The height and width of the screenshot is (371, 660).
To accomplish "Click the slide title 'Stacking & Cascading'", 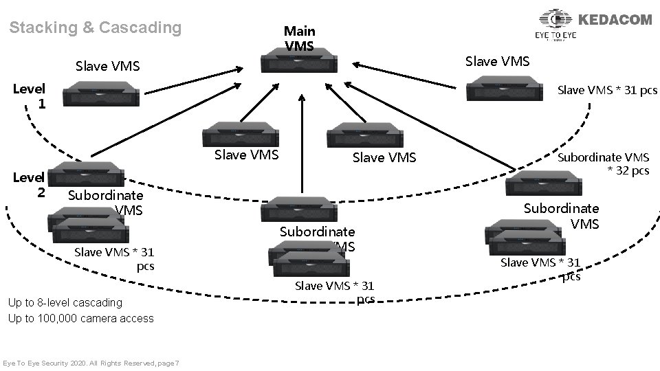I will tap(95, 28).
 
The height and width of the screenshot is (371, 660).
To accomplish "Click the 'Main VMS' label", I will tap(299, 38).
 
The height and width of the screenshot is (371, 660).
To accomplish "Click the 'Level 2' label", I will tap(30, 184).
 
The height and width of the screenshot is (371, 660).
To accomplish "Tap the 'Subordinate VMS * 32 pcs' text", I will tap(603, 164).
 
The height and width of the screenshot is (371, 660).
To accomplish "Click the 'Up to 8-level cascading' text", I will tap(65, 302).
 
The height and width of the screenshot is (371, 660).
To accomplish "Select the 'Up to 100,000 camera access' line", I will tap(81, 318).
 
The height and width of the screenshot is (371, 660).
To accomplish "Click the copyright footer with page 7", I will tap(91, 362).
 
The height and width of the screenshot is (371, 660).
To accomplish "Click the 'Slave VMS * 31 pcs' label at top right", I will tap(606, 90).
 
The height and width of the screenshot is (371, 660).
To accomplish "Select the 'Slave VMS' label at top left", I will tap(107, 67).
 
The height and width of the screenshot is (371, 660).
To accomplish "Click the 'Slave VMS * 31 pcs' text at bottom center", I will tap(335, 292).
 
